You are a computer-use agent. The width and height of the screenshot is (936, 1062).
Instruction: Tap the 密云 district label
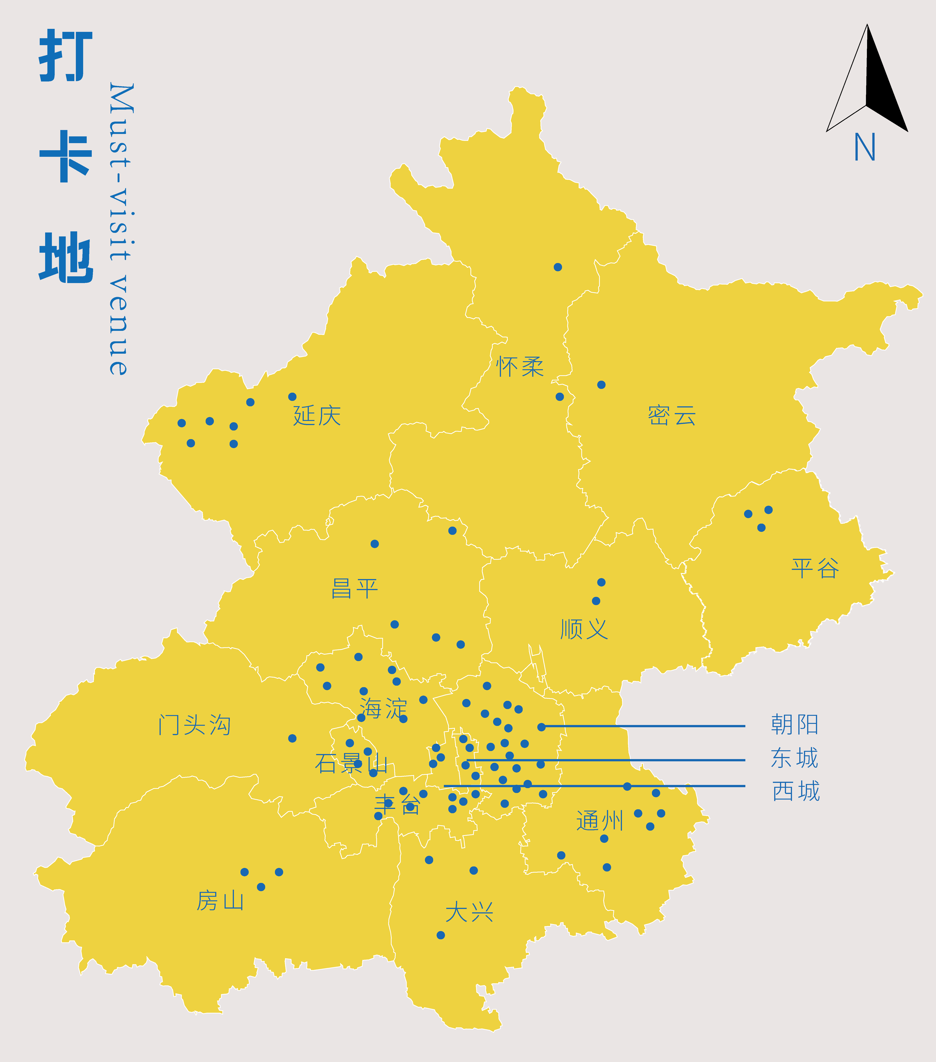[x=672, y=416]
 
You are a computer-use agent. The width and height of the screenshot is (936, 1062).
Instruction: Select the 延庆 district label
[x=317, y=416]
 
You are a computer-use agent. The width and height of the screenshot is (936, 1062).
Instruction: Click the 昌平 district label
[x=355, y=589]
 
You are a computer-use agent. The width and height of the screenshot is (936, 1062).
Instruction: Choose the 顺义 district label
[x=584, y=629]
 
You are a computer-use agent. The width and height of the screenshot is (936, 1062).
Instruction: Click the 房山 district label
[x=220, y=900]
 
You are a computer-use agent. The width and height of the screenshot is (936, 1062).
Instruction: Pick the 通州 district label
[x=599, y=821]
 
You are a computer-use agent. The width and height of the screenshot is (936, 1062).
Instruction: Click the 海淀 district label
[x=383, y=708]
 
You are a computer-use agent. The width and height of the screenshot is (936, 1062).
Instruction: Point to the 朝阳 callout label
[x=795, y=724]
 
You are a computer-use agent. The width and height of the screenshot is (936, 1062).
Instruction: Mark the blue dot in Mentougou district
[x=293, y=738]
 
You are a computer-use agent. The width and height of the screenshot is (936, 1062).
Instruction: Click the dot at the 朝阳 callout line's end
[x=541, y=727]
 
